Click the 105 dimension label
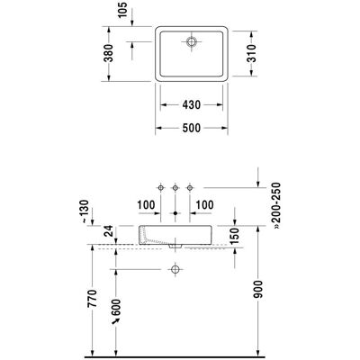[x=122, y=10]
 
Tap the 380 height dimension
[x=109, y=53]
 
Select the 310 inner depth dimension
[x=252, y=53]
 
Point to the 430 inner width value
[x=192, y=104]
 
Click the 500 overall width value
[x=192, y=128]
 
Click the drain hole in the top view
[x=191, y=41]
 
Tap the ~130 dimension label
[x=85, y=211]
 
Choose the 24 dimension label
[x=109, y=230]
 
